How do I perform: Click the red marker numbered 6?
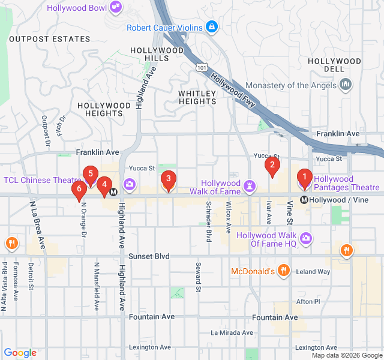coord(79,190)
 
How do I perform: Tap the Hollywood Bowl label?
coord(78,8)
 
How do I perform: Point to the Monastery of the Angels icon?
coord(345,85)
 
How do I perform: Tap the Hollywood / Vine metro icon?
coord(305,200)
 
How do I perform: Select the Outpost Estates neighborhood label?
coord(49,39)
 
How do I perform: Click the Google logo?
coord(20,353)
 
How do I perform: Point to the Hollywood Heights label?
coord(104,109)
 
